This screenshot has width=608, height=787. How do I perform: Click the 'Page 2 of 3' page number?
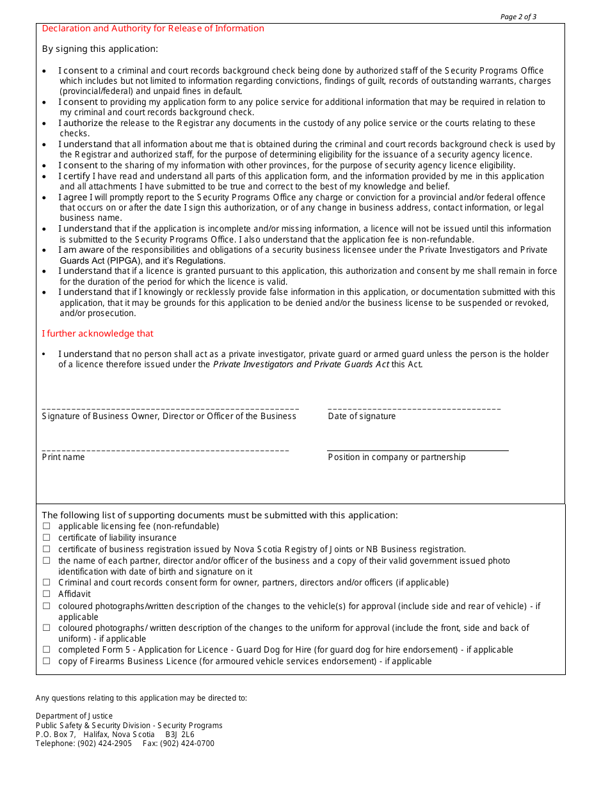pos(518,17)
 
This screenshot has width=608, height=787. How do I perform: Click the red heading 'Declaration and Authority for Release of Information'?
pos(153,28)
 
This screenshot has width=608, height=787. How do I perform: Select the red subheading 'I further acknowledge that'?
pos(97,333)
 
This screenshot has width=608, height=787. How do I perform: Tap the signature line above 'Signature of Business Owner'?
pos(170,408)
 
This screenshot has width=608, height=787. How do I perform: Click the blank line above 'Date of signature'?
pos(414,408)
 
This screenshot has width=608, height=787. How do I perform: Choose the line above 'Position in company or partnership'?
pos(417,450)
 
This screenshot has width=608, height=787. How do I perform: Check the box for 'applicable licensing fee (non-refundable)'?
pos(46,527)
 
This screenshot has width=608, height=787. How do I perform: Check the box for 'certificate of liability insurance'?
pos(46,538)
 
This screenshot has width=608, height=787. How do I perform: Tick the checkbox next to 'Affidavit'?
pos(46,594)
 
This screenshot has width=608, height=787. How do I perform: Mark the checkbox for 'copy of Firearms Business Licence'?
pos(46,662)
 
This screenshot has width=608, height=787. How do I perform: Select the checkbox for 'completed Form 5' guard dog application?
pos(46,650)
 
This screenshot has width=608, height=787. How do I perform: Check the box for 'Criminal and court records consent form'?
pos(46,583)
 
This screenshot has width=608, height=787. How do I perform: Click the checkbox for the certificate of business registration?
pos(46,550)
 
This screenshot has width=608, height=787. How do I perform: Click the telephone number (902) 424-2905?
pos(104,743)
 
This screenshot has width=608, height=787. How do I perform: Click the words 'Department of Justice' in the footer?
pos(74,716)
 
